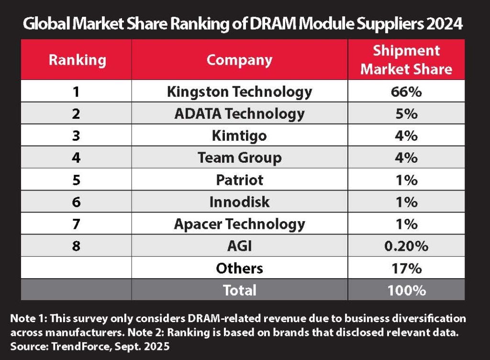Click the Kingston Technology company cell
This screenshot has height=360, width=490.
click(x=239, y=91)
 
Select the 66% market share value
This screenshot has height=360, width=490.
click(x=406, y=91)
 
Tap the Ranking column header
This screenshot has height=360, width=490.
click(x=77, y=60)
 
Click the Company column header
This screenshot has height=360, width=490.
click(x=239, y=60)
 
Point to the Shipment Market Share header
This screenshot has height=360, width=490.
click(x=406, y=60)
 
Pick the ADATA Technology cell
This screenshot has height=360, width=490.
click(x=239, y=113)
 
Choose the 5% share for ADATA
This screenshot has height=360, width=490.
click(x=406, y=113)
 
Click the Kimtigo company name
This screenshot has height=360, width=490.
click(x=239, y=135)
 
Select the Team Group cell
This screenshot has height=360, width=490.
click(x=239, y=157)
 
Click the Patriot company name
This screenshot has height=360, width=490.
click(x=239, y=180)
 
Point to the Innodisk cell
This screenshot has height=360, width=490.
click(x=239, y=202)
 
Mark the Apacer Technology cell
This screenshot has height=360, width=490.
click(x=239, y=224)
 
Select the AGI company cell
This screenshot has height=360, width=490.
click(x=239, y=246)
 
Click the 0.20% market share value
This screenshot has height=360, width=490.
click(x=406, y=246)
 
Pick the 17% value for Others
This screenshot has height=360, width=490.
click(x=406, y=268)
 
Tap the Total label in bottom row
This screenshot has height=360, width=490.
click(x=239, y=290)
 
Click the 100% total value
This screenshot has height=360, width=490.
click(x=406, y=290)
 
